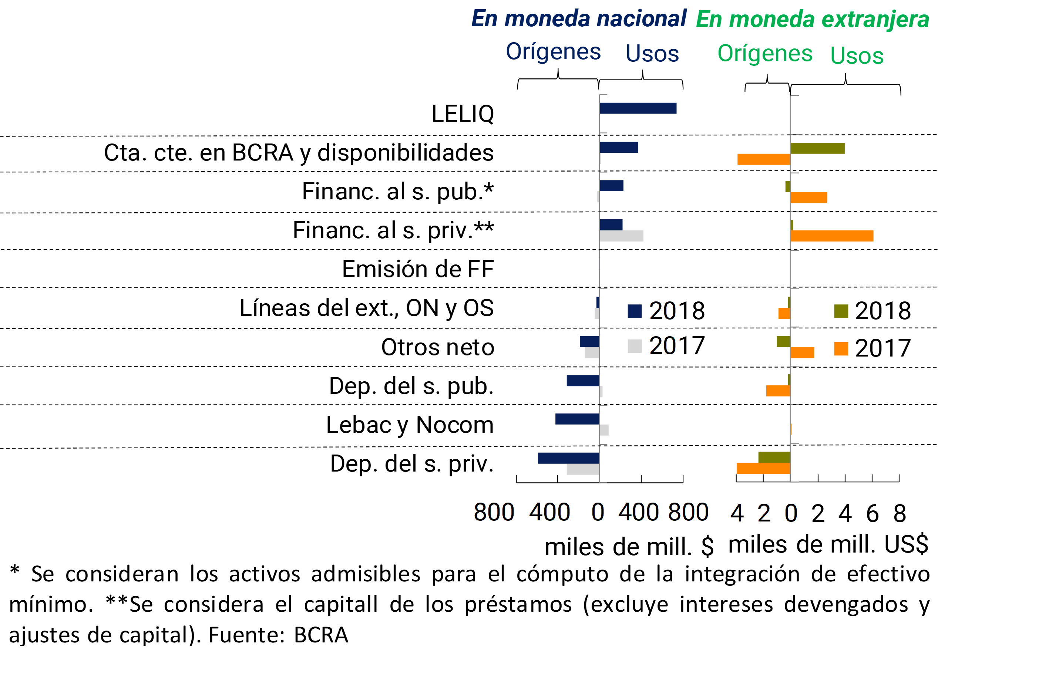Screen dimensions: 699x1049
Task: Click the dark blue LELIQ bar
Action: pyautogui.click(x=638, y=108)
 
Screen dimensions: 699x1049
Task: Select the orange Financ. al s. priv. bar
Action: pyautogui.click(x=832, y=236)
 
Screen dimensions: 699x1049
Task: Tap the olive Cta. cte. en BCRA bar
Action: pyautogui.click(x=817, y=148)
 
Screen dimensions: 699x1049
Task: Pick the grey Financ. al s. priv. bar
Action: pyautogui.click(x=621, y=236)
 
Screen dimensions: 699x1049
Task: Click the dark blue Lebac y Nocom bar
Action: pyautogui.click(x=577, y=419)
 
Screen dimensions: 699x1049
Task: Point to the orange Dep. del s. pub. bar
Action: pyautogui.click(x=778, y=391)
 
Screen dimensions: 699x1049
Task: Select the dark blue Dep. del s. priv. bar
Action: pyautogui.click(x=569, y=458)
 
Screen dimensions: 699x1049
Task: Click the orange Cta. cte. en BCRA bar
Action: pyautogui.click(x=764, y=159)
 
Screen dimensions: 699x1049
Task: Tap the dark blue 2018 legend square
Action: pyautogui.click(x=635, y=311)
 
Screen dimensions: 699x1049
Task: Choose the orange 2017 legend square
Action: pyautogui.click(x=841, y=349)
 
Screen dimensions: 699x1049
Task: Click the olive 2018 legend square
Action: pyautogui.click(x=841, y=311)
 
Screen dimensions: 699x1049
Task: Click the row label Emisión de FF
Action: pyautogui.click(x=418, y=269)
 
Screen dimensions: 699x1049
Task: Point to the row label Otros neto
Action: pyautogui.click(x=437, y=347)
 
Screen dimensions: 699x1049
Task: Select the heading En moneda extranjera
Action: pyautogui.click(x=813, y=20)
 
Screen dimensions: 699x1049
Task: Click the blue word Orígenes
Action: pyautogui.click(x=554, y=52)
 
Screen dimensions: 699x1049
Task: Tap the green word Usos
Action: pyautogui.click(x=857, y=56)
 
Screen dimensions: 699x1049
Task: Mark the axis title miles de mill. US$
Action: pyautogui.click(x=828, y=545)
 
